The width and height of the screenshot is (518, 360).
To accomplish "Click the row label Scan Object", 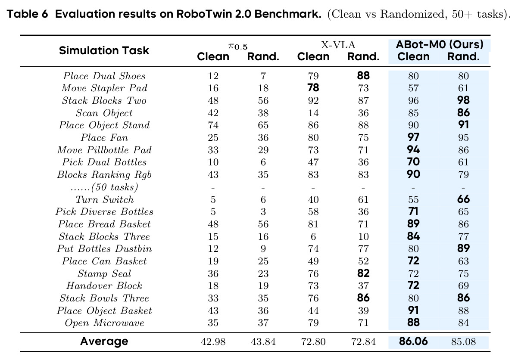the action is click(104, 113).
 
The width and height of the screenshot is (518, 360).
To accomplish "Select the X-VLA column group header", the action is click(338, 45).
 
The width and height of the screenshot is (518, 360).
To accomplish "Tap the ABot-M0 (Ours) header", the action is click(440, 44).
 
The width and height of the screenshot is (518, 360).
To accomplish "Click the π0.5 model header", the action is click(238, 47).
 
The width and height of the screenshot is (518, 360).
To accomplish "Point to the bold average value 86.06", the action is click(413, 341).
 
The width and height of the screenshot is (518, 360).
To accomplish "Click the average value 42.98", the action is click(213, 341).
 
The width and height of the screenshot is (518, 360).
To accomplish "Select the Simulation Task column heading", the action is click(104, 50).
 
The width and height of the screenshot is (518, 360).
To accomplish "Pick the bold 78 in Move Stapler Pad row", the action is click(313, 88).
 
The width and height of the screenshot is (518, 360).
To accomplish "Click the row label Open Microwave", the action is click(104, 323).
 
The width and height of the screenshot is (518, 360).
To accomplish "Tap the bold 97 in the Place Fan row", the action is click(413, 137).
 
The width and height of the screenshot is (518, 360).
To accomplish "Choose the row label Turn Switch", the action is click(105, 199).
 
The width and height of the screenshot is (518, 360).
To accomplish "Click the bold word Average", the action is click(104, 341).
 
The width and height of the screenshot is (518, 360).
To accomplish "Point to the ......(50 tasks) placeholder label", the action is click(104, 187).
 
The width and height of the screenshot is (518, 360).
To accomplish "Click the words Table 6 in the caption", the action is click(27, 14).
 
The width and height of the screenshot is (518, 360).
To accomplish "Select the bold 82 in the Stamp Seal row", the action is click(363, 273).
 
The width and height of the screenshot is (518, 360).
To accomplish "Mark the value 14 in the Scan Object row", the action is click(313, 113).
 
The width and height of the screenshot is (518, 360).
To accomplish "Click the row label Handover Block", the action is click(104, 286).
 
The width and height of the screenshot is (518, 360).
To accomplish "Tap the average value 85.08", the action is click(463, 341).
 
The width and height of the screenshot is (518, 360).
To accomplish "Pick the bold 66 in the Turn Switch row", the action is click(463, 199).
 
